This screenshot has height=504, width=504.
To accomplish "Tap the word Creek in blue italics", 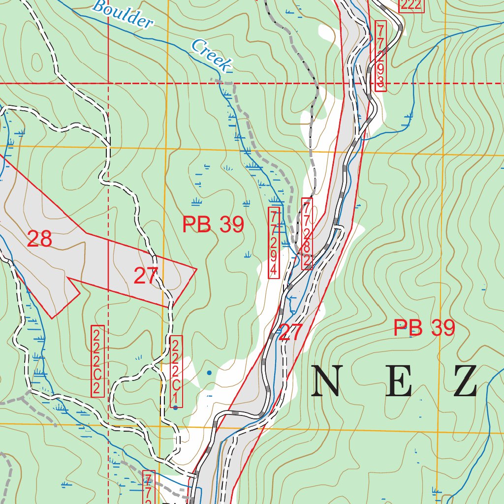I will [x=211, y=56].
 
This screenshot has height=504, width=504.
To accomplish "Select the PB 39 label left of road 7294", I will [x=213, y=225].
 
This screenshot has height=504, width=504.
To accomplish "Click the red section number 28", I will [x=39, y=239].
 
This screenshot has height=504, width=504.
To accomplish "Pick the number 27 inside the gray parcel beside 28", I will [x=146, y=276].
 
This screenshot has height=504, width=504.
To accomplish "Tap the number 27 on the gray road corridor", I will [x=290, y=333].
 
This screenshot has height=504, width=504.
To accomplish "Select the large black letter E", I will [x=398, y=382].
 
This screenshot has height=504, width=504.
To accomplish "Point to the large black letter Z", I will [x=465, y=382].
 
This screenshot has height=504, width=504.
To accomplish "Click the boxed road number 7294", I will [x=274, y=243].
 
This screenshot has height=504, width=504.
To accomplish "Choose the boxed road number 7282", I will [x=307, y=233].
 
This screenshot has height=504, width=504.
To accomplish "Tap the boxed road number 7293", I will [x=379, y=56].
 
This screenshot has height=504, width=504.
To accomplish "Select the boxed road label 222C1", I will [x=176, y=372].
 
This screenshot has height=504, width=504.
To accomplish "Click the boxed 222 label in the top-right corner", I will [x=410, y=5].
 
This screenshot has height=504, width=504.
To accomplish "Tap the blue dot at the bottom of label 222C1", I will [x=175, y=408].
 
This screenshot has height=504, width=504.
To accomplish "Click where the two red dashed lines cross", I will [x=108, y=84].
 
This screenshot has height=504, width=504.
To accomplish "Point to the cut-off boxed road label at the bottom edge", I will [x=148, y=487].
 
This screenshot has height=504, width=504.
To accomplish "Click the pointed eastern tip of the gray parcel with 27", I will [x=196, y=269].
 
